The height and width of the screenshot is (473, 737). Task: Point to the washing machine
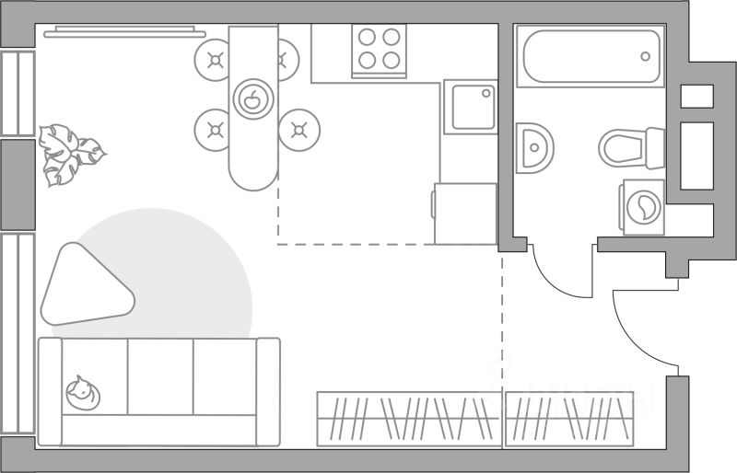click(644, 207)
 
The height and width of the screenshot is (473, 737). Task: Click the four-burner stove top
click(380, 49)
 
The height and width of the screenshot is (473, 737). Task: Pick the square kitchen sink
click(470, 107)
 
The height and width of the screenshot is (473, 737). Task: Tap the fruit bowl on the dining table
click(252, 97)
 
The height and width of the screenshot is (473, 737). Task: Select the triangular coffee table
click(84, 286)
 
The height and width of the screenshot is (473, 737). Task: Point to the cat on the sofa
click(82, 393)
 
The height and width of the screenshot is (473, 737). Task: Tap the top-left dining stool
click(215, 61)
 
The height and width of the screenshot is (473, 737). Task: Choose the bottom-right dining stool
click(298, 129)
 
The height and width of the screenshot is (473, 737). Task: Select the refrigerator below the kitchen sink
click(466, 213)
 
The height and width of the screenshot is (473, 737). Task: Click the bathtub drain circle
click(646, 55)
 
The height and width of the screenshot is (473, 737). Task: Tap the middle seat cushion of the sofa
click(160, 376)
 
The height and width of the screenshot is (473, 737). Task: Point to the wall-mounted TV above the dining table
click(124, 31)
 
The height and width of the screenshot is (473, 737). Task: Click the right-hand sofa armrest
click(268, 391)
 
